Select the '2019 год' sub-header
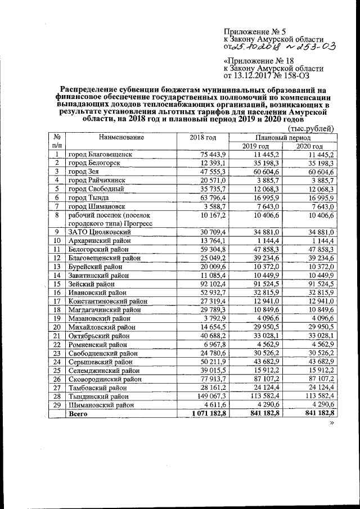[x=256, y=146]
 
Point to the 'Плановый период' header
[x=282, y=137]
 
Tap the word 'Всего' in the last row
[x=78, y=414]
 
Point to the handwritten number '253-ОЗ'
[x=315, y=47]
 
